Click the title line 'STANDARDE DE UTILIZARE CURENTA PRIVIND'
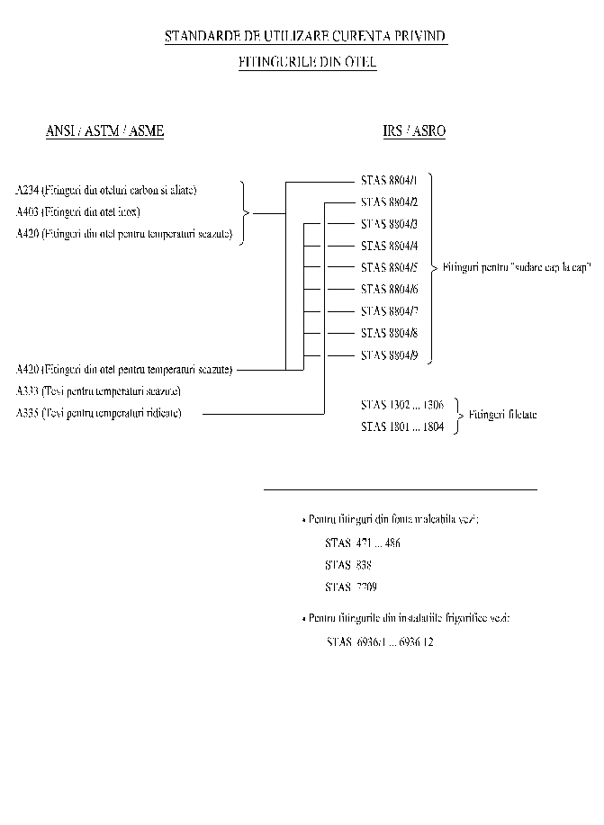click(x=306, y=37)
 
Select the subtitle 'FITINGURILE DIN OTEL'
click(x=307, y=63)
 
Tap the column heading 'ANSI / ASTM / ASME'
click(x=104, y=131)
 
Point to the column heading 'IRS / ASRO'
click(x=414, y=131)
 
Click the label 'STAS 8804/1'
click(x=389, y=180)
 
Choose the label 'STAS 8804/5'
click(x=389, y=267)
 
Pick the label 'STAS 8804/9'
click(x=389, y=355)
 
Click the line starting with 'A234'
click(x=106, y=190)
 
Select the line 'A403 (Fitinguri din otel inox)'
click(x=78, y=212)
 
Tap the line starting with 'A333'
click(x=98, y=391)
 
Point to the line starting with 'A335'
click(x=98, y=413)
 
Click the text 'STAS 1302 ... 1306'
click(x=401, y=405)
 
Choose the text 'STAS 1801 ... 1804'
click(x=401, y=426)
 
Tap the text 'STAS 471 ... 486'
click(x=362, y=543)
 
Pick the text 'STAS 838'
click(x=347, y=565)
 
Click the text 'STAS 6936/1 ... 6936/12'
click(x=380, y=642)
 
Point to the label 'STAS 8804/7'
click(x=389, y=311)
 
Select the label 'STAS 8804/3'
click(x=389, y=224)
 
